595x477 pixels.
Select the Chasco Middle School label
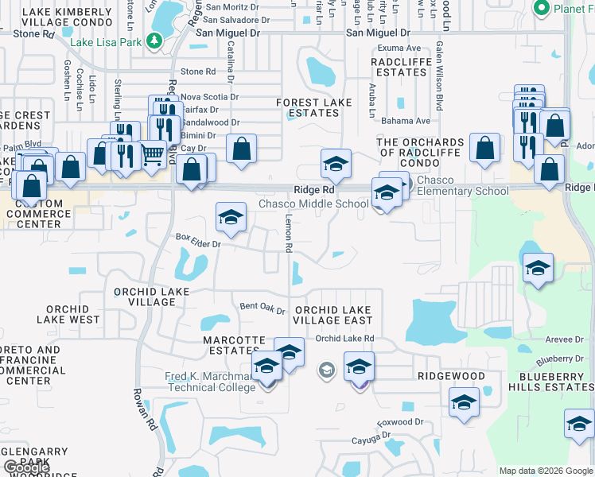click(313, 204)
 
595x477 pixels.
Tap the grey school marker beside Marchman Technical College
click(325, 370)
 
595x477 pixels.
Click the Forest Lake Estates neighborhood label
click(313, 108)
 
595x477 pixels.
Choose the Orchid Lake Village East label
click(332, 315)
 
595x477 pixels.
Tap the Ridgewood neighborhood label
click(450, 375)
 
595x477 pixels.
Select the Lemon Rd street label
click(288, 234)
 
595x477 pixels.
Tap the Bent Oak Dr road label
click(262, 307)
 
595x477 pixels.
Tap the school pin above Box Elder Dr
click(231, 217)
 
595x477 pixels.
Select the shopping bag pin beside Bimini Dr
click(241, 149)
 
